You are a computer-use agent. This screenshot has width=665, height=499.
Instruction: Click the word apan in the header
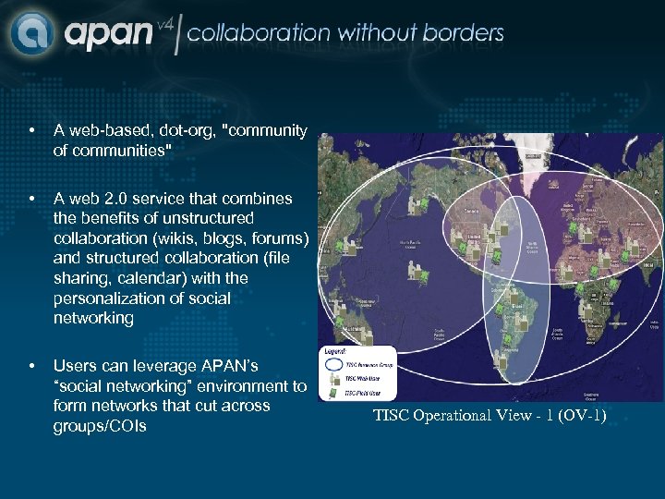pyautogui.click(x=108, y=35)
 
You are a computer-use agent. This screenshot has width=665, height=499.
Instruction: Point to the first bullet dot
pyautogui.click(x=32, y=131)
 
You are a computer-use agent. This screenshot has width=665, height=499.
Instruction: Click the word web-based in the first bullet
pyautogui.click(x=101, y=131)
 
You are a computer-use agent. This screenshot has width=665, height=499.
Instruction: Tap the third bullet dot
pyautogui.click(x=32, y=367)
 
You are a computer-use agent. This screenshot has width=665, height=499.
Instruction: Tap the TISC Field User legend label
pyautogui.click(x=362, y=393)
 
